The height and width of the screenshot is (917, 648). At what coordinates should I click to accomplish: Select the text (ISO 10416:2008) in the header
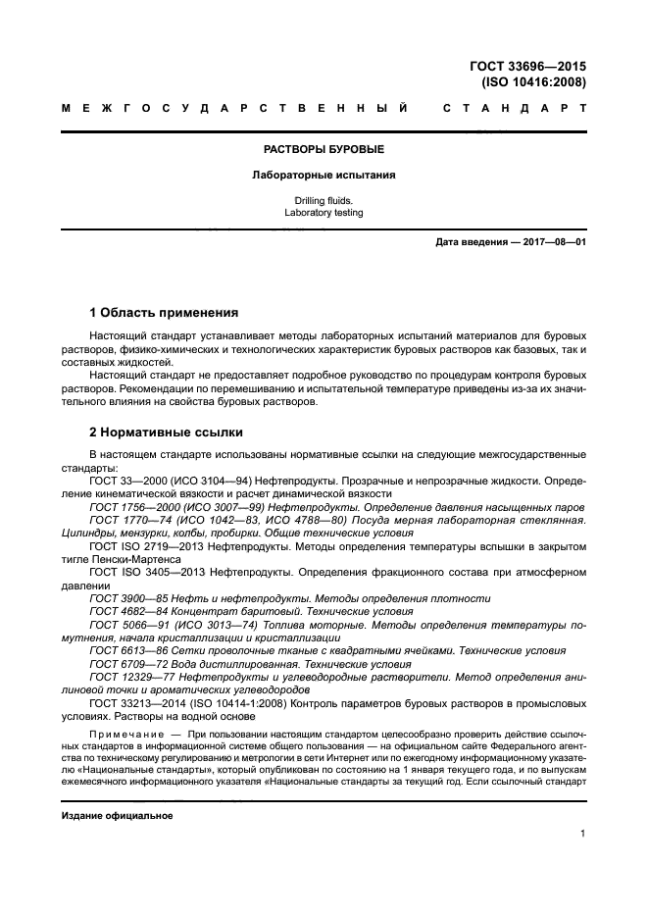click(x=533, y=82)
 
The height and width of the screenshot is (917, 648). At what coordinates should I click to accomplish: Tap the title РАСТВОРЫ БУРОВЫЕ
click(x=324, y=149)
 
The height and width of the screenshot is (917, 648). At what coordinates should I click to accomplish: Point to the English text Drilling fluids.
click(x=324, y=200)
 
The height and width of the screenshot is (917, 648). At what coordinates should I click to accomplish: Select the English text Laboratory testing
click(x=324, y=212)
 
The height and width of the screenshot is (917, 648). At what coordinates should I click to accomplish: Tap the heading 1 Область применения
click(x=164, y=313)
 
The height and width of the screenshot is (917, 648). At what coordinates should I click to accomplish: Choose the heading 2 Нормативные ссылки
click(x=167, y=432)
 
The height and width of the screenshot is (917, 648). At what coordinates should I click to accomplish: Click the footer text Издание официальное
click(x=117, y=816)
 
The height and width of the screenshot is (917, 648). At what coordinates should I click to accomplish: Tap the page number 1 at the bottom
click(x=582, y=834)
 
